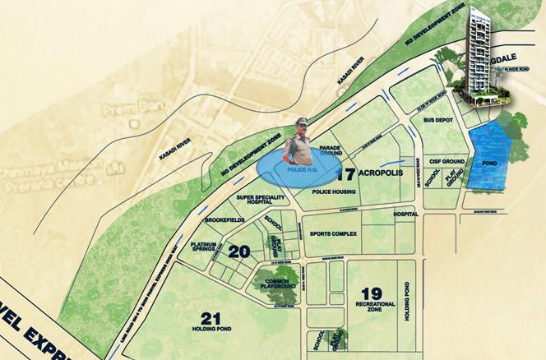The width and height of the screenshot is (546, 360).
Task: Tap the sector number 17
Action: (x=345, y=173)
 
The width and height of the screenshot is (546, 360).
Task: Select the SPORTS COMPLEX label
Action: (x=332, y=234)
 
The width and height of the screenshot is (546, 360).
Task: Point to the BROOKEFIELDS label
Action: (x=224, y=222)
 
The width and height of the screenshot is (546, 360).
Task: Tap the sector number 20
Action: (x=238, y=252)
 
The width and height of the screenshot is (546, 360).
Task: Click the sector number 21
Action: (x=211, y=318)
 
